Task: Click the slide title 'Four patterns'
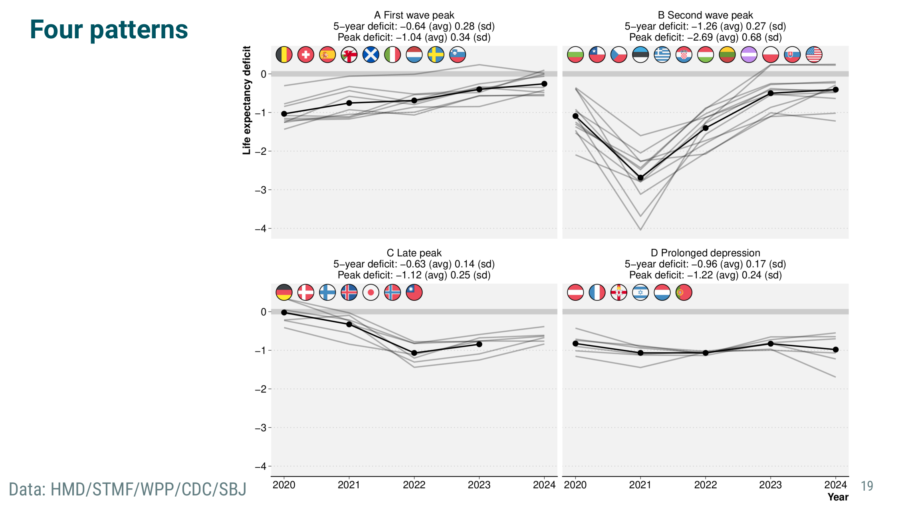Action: (109, 30)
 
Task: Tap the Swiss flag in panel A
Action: (306, 55)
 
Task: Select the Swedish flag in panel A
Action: (436, 55)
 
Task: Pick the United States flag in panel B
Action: (814, 55)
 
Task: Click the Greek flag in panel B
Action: (662, 55)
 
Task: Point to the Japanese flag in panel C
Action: (371, 292)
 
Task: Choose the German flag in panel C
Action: (284, 292)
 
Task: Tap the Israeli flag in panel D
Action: (640, 292)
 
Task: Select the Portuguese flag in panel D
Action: (684, 292)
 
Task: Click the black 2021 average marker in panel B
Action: (640, 178)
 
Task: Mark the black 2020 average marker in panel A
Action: (284, 114)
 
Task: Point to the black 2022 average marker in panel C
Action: (414, 353)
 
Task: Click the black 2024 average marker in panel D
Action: (835, 350)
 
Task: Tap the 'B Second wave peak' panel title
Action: (705, 15)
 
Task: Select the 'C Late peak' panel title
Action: (414, 253)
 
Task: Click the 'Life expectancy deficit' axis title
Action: (247, 100)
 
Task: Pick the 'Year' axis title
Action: (838, 497)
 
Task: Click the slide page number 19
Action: (867, 486)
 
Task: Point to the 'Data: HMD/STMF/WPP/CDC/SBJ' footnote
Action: (128, 489)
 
